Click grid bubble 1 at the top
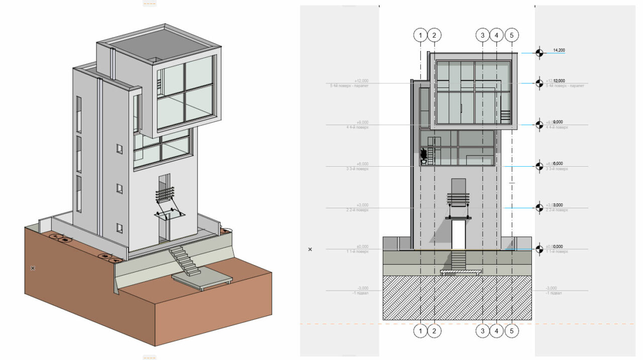coord(420,35)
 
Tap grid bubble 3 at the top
coord(483,35)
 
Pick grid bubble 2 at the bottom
coord(434,331)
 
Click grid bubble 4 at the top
coord(497,35)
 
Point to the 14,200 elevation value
coord(559,50)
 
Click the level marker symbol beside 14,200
coord(539,53)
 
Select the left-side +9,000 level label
coord(362,123)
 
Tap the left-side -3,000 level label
coord(362,288)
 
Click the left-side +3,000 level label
coord(362,205)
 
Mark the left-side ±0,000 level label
coord(362,247)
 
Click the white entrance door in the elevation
coord(458,234)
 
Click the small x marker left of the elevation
coord(310,249)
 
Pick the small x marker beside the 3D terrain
coord(33,268)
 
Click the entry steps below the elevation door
coord(459,260)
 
